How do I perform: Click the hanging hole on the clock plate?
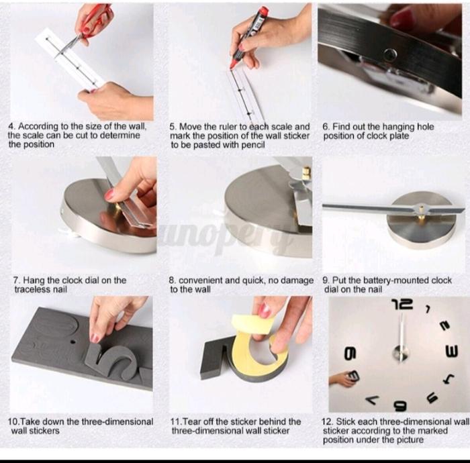click(x=390, y=54)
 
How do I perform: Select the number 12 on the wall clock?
click(x=403, y=304)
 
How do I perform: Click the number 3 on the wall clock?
click(x=452, y=352)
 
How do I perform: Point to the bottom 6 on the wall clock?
click(x=401, y=405)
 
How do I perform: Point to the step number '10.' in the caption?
click(x=13, y=421)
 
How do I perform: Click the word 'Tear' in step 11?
click(x=192, y=421)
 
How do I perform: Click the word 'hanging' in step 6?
click(x=399, y=127)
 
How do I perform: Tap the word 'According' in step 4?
click(x=38, y=126)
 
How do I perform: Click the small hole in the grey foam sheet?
click(x=73, y=342)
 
